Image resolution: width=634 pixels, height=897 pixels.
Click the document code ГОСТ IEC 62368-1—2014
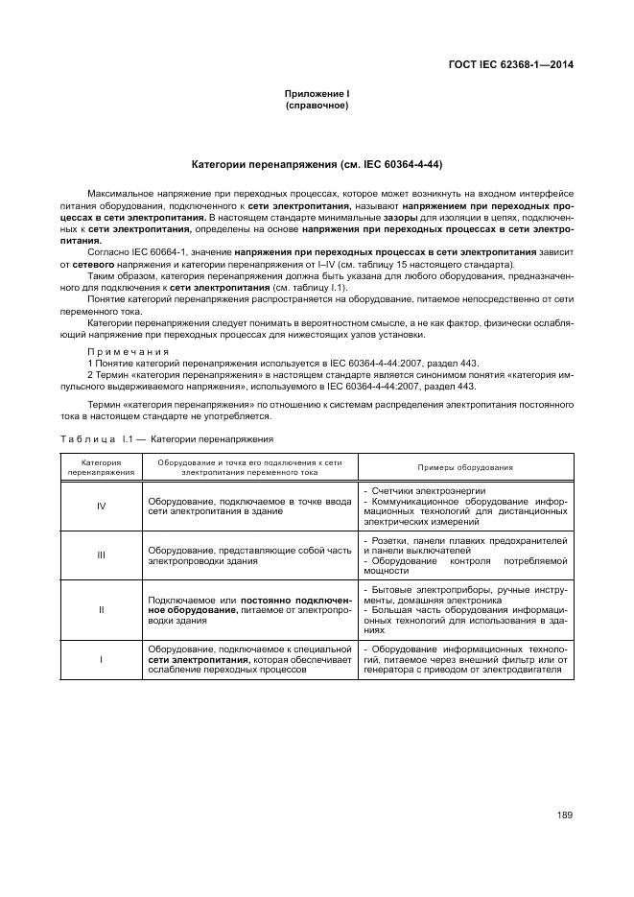click(x=516, y=66)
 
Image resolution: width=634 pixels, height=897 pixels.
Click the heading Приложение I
click(x=317, y=93)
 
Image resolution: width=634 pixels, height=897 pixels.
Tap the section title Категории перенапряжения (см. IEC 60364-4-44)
click(x=317, y=164)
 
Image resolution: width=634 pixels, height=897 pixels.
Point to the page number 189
click(x=564, y=815)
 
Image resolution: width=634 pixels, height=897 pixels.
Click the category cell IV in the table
click(x=101, y=507)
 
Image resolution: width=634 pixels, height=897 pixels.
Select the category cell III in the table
click(x=101, y=555)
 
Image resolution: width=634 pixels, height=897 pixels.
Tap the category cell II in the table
click(x=101, y=609)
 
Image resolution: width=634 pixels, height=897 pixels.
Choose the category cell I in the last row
click(x=101, y=661)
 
